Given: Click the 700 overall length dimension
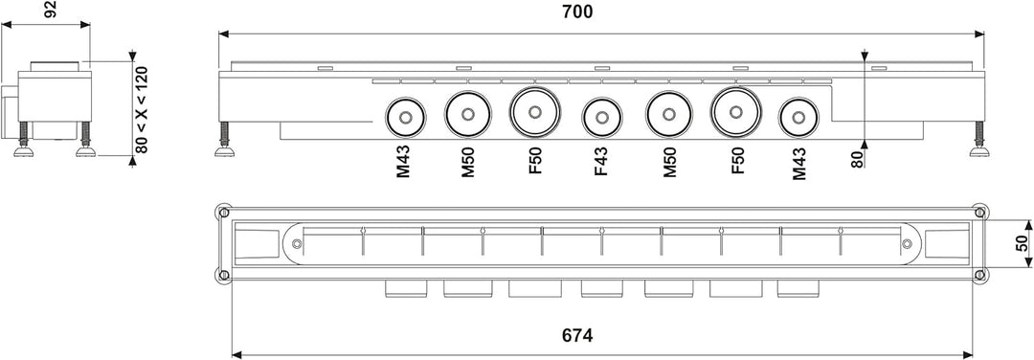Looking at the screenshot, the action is [577, 11].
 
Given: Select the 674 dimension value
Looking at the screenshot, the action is [577, 336].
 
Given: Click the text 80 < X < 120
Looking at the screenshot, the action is [141, 109].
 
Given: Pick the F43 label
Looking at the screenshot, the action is [601, 161].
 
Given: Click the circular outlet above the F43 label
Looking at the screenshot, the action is [601, 118].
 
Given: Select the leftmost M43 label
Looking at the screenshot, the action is [404, 162].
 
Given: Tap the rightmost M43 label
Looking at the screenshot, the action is [799, 162].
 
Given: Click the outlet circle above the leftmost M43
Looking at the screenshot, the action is [406, 118].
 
